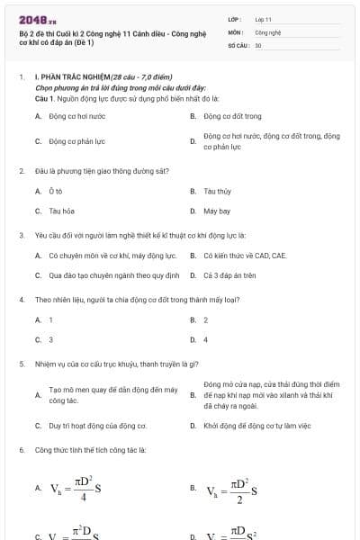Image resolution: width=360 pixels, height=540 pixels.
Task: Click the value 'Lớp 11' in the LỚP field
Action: click(264, 18)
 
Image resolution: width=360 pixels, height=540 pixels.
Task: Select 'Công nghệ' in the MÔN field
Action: click(268, 31)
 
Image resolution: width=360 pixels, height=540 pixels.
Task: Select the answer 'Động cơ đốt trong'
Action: click(232, 116)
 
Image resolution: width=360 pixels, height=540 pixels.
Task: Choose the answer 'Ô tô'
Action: click(56, 191)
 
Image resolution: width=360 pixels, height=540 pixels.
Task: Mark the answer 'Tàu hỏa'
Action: click(61, 211)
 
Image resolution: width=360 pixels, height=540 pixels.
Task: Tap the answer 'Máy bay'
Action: click(217, 211)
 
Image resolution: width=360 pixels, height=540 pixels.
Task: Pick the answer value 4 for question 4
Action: click(205, 340)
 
